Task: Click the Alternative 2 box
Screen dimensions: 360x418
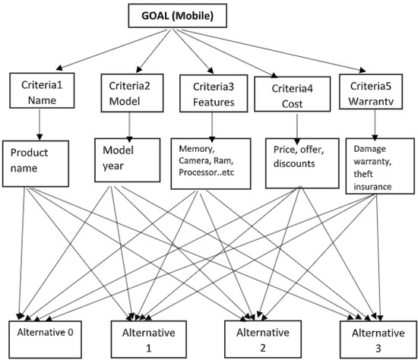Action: (256, 338)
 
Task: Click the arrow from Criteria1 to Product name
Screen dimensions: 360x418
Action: (36, 123)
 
